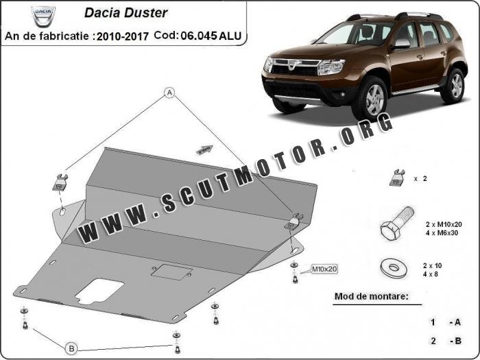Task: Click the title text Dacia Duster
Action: [125, 12]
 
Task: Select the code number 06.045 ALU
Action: [210, 34]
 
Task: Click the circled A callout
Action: [169, 93]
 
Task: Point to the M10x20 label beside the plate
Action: [326, 268]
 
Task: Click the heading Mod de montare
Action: [368, 297]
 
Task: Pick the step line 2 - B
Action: [446, 341]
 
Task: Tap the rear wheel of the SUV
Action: [454, 84]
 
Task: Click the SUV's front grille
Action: [296, 69]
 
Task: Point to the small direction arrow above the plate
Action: [204, 150]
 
